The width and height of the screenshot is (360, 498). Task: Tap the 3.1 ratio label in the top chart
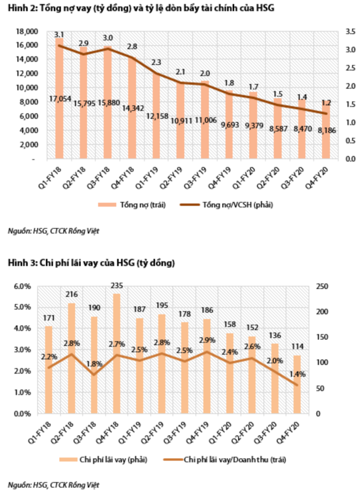click(x=58, y=35)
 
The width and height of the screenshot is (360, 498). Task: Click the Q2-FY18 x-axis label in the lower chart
click(x=66, y=430)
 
